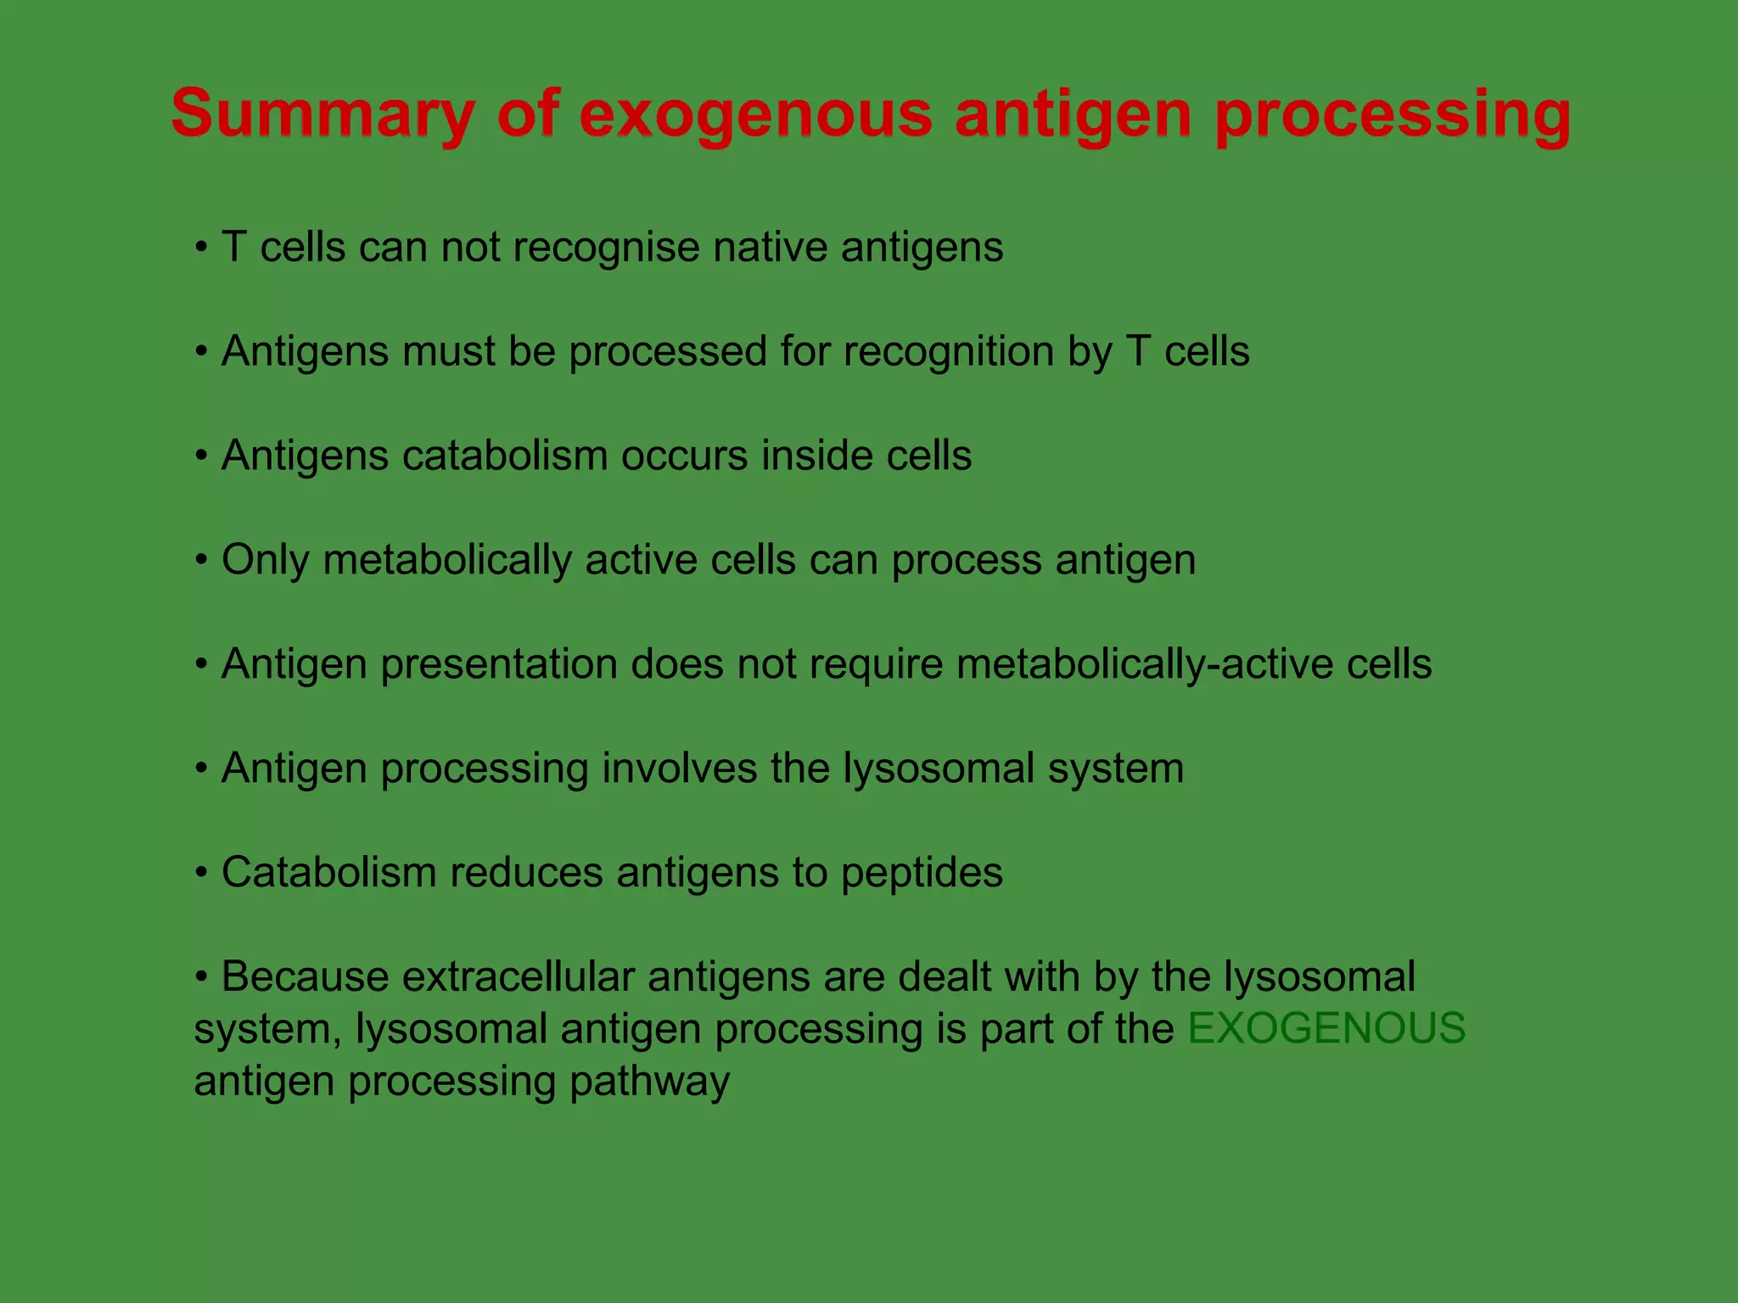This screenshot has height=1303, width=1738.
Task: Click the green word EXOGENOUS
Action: pos(1326,1028)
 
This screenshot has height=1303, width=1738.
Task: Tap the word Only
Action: pos(265,560)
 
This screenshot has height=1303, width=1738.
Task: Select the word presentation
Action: pos(498,664)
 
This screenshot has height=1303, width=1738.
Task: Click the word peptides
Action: pos(922,873)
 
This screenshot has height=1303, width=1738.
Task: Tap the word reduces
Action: pos(526,873)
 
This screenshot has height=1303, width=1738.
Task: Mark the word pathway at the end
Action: pos(649,1082)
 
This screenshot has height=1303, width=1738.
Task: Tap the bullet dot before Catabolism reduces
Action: pos(201,873)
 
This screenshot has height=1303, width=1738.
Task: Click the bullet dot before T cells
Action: pos(201,249)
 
